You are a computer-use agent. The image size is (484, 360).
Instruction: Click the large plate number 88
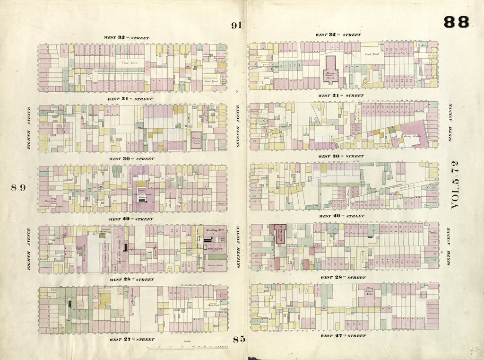[456, 22]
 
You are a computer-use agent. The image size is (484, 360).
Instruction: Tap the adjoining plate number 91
[237, 26]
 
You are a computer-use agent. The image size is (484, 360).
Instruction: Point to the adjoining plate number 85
[239, 339]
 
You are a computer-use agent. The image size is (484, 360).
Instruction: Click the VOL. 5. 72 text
[455, 185]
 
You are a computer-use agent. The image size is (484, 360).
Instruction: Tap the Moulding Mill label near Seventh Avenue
[215, 229]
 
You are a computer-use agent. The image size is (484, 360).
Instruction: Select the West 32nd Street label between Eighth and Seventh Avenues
[126, 37]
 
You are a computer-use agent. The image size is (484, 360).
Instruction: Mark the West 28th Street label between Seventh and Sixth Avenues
[343, 277]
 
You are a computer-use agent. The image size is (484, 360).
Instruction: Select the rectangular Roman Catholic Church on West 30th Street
[196, 140]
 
